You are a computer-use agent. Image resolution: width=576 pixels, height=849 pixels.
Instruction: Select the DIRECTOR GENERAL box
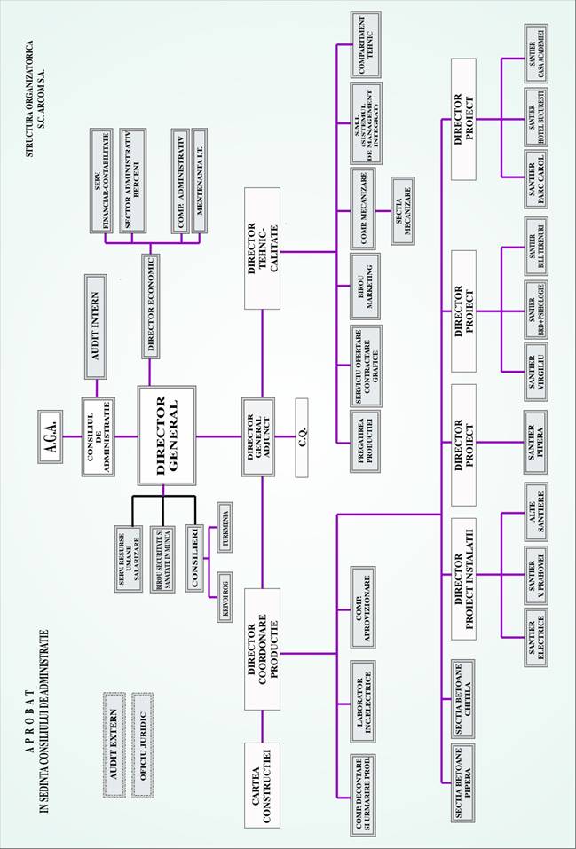pyautogui.click(x=166, y=435)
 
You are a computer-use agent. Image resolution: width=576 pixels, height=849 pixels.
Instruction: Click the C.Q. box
pyautogui.click(x=302, y=436)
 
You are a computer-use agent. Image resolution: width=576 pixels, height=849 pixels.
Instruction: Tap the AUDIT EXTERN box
pyautogui.click(x=113, y=735)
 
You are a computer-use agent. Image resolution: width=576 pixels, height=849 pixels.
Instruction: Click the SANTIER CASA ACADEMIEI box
pyautogui.click(x=533, y=85)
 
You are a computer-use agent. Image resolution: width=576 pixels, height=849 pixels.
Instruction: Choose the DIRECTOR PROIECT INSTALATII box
pyautogui.click(x=462, y=578)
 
